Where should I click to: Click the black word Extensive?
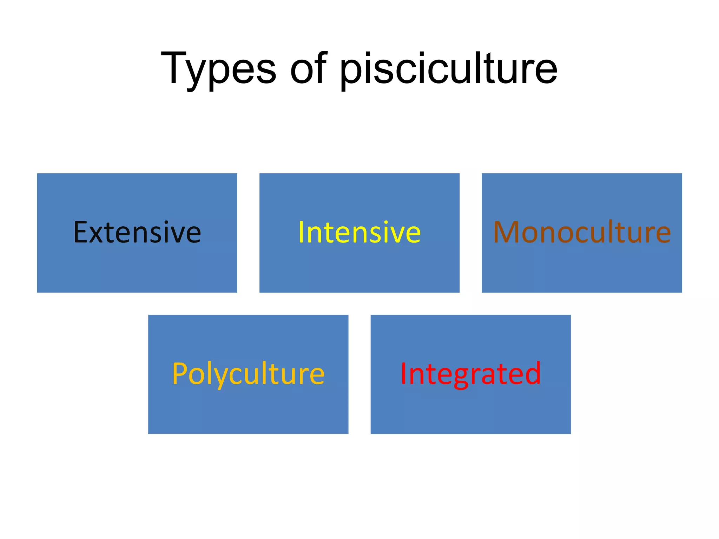coord(137,232)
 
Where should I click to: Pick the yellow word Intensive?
coord(359,232)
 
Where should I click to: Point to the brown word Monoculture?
coord(582,232)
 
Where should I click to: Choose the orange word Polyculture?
coord(248,374)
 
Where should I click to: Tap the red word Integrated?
coord(470,374)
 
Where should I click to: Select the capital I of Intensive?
coord(301,232)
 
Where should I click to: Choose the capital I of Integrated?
coord(403,374)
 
